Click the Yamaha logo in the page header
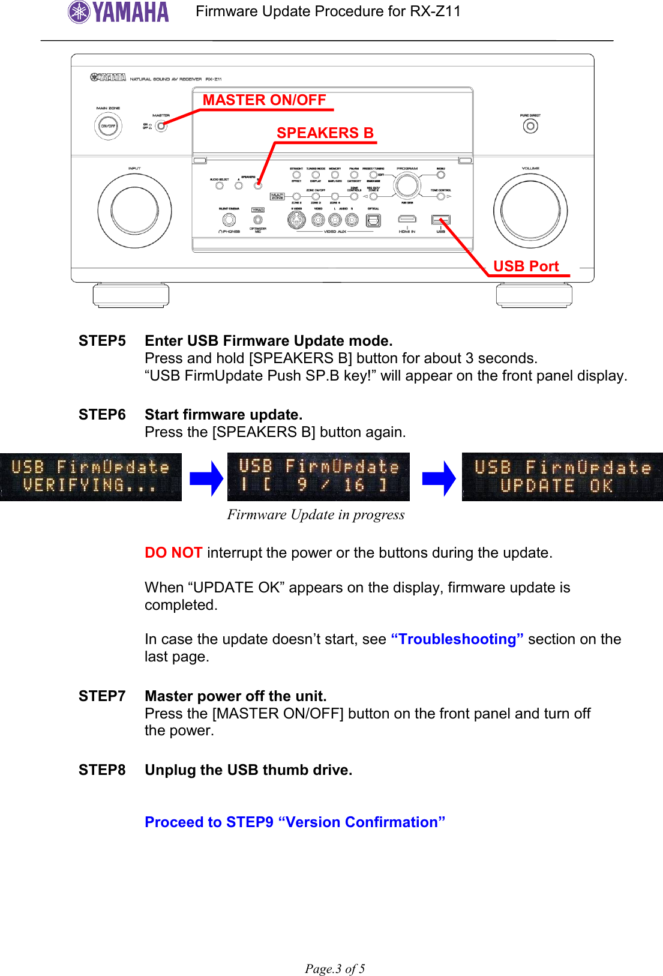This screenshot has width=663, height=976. click(x=119, y=12)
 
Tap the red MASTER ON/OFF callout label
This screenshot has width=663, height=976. click(x=264, y=100)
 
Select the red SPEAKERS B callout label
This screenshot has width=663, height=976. click(x=325, y=133)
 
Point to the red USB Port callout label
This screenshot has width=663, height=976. click(x=526, y=267)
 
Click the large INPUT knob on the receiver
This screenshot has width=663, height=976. click(x=134, y=211)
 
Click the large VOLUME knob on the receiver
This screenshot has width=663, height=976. click(x=530, y=211)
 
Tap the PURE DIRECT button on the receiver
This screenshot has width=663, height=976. click(x=530, y=126)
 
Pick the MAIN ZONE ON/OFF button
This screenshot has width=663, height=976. click(x=108, y=126)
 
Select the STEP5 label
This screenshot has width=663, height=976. click(x=102, y=341)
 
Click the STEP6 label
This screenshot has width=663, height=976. click(x=102, y=415)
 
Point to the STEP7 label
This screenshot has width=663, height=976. click(x=102, y=696)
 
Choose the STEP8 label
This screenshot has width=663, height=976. click(x=102, y=770)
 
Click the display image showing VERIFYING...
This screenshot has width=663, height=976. click(x=91, y=477)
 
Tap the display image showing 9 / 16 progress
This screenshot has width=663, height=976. click(x=319, y=477)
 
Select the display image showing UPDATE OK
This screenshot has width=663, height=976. click(x=562, y=477)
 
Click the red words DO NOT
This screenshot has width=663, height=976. click(x=173, y=553)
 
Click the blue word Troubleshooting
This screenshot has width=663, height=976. click(x=457, y=639)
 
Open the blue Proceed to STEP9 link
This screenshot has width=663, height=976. click(x=295, y=822)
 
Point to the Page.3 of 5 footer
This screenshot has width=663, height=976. click(x=335, y=968)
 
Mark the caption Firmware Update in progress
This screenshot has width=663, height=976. click(x=316, y=515)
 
